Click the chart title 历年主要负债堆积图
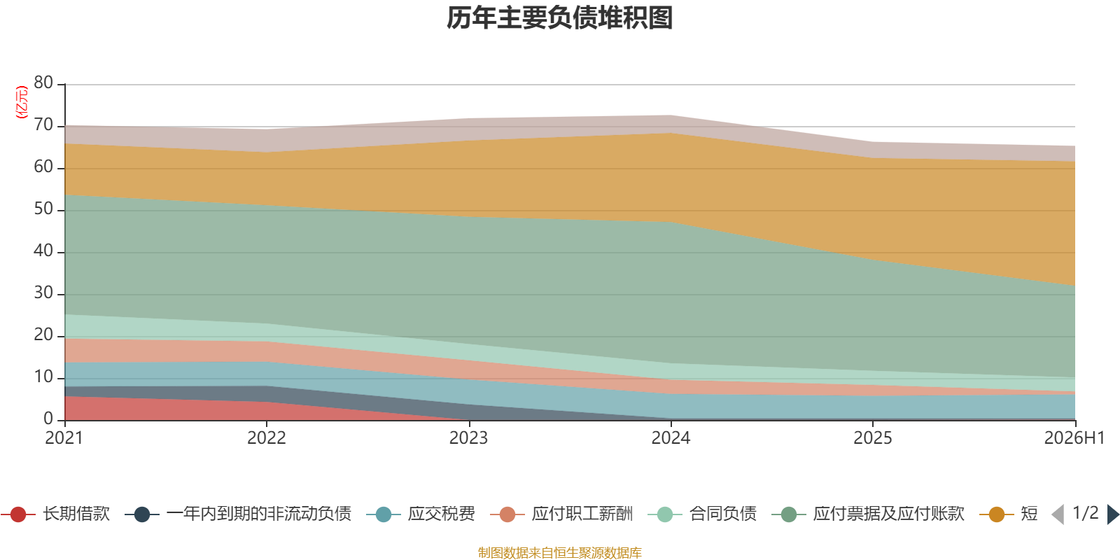point(559,18)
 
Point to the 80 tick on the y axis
point(43,83)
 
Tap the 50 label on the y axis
point(43,209)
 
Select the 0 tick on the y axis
point(48,419)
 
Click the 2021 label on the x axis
point(64,438)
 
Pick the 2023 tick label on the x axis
point(468,438)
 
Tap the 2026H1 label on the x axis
point(1074,438)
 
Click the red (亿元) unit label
point(22,101)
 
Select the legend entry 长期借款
point(56,514)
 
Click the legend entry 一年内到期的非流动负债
point(238,514)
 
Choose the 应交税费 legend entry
point(421,514)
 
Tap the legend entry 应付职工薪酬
point(561,514)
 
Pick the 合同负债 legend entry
point(702,514)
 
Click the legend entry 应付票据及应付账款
point(868,514)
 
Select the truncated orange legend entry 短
point(1009,514)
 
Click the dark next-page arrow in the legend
point(1113,514)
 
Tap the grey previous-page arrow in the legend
point(1058,514)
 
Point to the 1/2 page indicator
point(1086,513)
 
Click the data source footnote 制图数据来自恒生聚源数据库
point(559,552)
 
